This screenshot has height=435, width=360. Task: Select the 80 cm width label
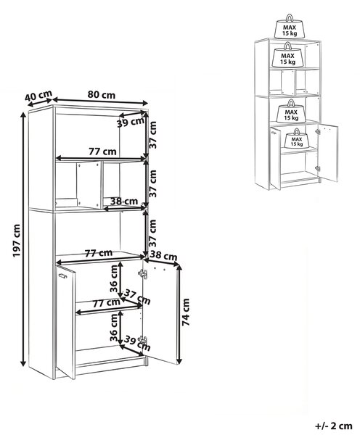coord(102,95)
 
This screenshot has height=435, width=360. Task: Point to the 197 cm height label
coord(17,241)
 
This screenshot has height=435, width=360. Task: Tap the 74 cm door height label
coord(186,312)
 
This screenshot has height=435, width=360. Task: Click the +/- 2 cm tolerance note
coord(334,426)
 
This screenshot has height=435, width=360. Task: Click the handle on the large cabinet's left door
coord(62,275)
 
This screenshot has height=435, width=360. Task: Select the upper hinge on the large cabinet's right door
coord(143,273)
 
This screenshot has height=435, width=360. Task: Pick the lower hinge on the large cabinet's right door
coord(143,340)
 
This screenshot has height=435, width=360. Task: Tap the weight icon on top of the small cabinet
coord(290,26)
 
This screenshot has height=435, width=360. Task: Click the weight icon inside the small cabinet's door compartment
coord(296,138)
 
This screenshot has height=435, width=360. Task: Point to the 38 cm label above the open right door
coord(163,255)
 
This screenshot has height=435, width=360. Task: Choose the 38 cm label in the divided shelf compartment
coord(124,201)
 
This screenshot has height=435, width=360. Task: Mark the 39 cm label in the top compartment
coord(131,123)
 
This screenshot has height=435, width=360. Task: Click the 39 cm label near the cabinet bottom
coord(137,343)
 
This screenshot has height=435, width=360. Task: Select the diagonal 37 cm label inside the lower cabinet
coord(137,297)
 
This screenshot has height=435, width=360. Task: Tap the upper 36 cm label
coord(114,278)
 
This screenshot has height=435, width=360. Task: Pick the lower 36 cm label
coord(114,328)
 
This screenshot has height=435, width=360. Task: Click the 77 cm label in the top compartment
coord(102,152)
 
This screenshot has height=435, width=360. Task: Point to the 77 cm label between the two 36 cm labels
coord(107,302)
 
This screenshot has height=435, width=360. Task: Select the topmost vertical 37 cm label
coord(152,135)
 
